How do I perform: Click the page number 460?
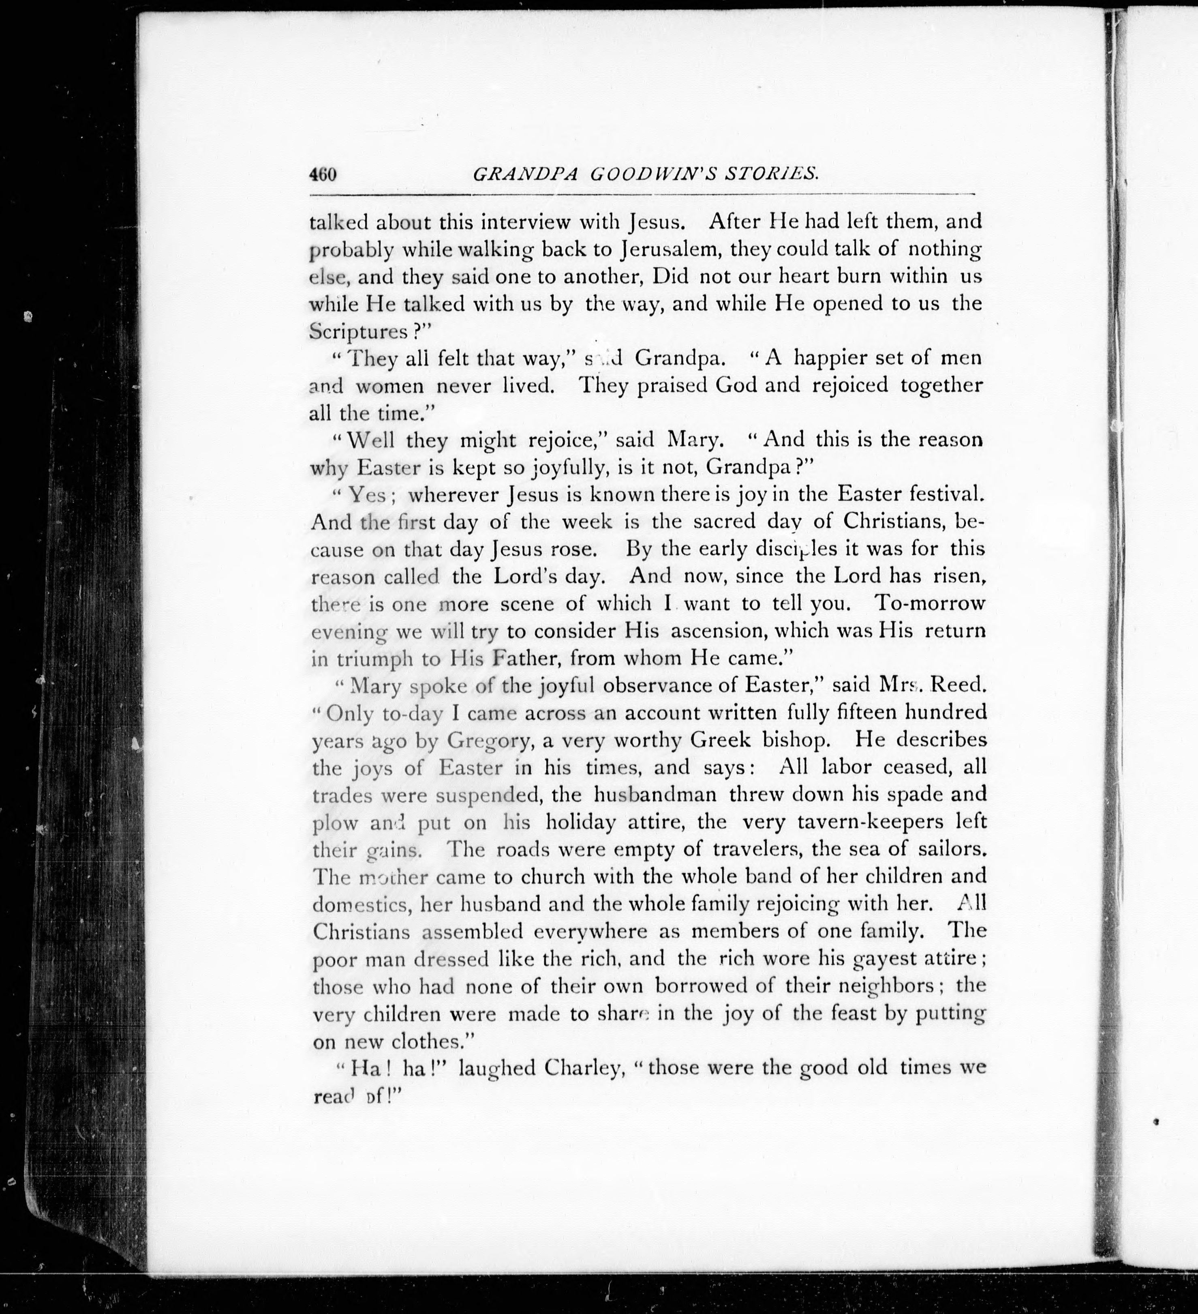click(323, 175)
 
